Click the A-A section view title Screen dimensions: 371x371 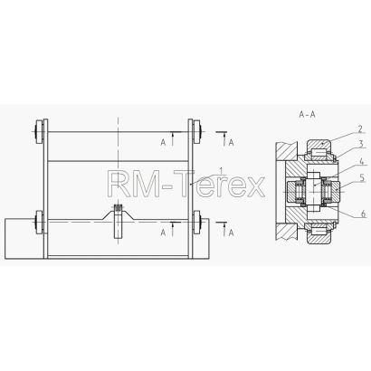[x=307, y=115]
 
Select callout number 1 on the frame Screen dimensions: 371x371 [x=221, y=171]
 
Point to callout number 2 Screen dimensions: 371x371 [x=360, y=129]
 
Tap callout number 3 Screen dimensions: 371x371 [x=361, y=145]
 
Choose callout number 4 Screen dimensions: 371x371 [x=362, y=161]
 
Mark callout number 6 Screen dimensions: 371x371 [x=364, y=214]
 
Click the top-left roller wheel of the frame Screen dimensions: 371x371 [x=40, y=132]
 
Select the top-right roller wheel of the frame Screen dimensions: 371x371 [x=197, y=132]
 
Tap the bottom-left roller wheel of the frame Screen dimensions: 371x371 [x=40, y=222]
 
